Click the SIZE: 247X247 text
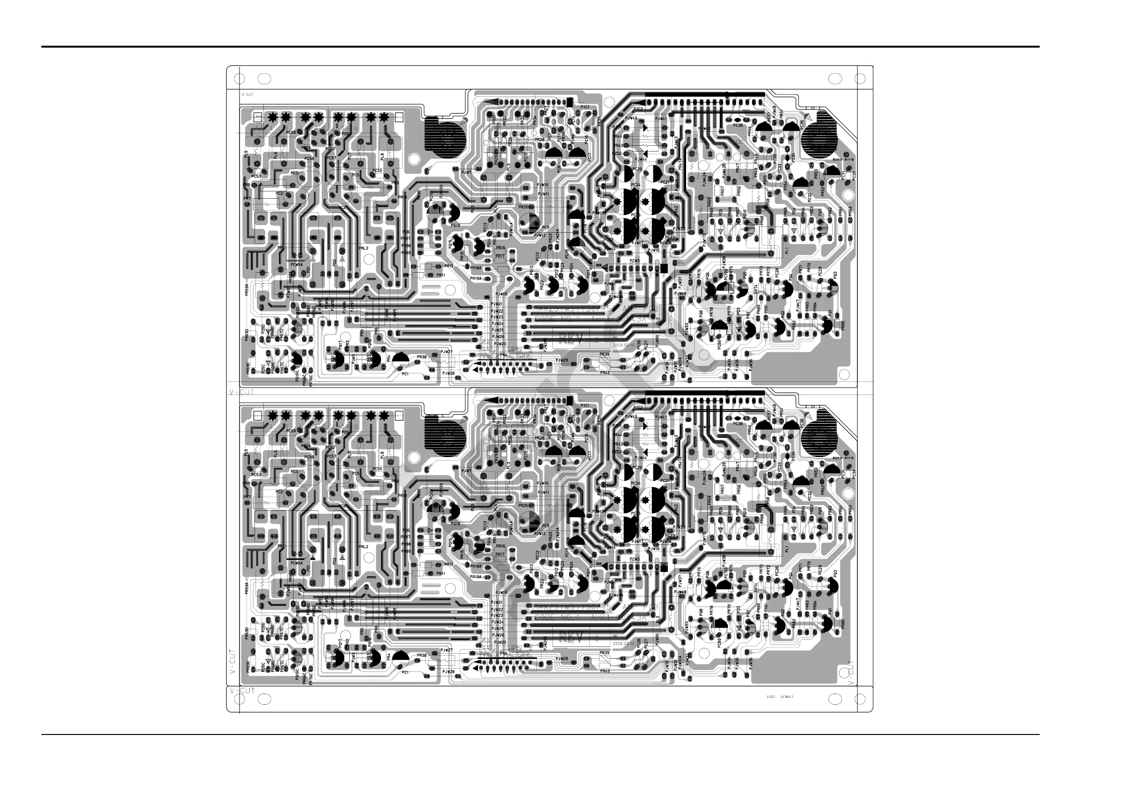click(x=780, y=696)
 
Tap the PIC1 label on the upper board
click(x=585, y=107)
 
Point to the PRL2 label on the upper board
click(x=363, y=248)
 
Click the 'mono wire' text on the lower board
click(x=843, y=457)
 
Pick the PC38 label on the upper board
click(x=738, y=125)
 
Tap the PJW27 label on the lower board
click(x=447, y=650)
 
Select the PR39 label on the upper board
click(x=604, y=354)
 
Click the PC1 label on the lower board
click(x=405, y=672)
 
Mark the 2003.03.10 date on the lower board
click(x=623, y=643)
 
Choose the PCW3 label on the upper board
click(x=635, y=261)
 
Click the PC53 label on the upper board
click(x=256, y=176)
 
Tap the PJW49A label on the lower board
click(x=617, y=596)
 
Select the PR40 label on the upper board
click(x=604, y=372)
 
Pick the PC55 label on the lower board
click(x=377, y=469)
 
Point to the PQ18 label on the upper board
click(x=455, y=225)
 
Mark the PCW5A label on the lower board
click(x=296, y=563)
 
